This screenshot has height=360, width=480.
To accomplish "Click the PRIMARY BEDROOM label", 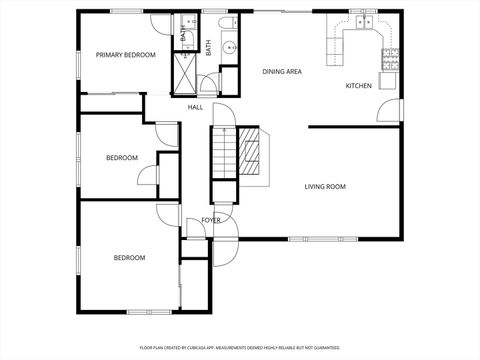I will (126, 55).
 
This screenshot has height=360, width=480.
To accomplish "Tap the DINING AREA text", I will (282, 72).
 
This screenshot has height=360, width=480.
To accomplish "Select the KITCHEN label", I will (359, 86).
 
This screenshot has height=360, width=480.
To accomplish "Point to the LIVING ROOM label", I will (325, 186).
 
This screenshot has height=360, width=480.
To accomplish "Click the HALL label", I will (195, 107).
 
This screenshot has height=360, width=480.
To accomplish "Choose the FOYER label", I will (210, 220).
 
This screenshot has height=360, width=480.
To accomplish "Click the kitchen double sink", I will (362, 21).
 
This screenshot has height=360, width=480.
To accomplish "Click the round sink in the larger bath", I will (228, 46).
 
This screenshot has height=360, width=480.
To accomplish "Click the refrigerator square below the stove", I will (389, 80).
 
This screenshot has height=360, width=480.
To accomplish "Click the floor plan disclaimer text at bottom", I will (239, 348).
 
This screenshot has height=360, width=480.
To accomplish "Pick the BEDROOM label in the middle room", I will (122, 158).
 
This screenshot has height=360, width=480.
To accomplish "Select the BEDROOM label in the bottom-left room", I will (129, 258).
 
